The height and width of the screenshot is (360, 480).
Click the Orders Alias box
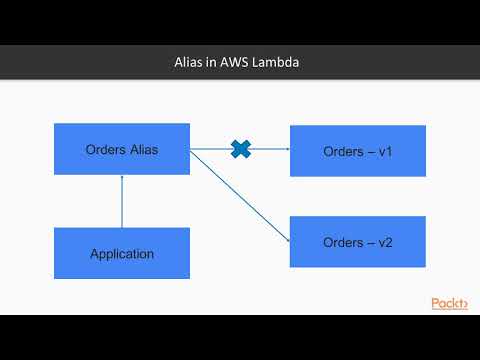click(x=122, y=149)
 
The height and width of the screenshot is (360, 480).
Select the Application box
click(x=122, y=253)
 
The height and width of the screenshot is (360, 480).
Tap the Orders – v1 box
click(x=357, y=151)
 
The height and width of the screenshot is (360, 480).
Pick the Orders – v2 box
click(x=357, y=242)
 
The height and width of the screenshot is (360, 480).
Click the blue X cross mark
click(x=240, y=149)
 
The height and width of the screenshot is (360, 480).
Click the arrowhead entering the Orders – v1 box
click(x=285, y=150)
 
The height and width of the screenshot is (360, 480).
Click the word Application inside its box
click(x=122, y=253)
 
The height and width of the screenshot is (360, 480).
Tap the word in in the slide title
click(x=212, y=62)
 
